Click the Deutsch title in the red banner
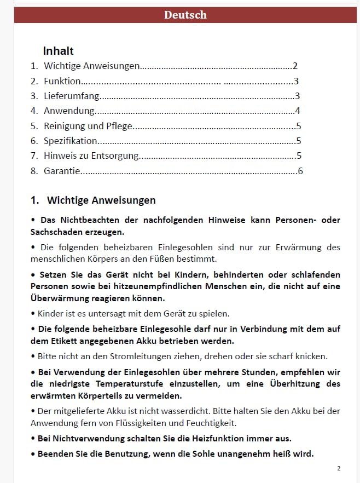pyautogui.click(x=185, y=15)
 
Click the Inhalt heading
pyautogui.click(x=58, y=51)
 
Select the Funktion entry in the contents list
pyautogui.click(x=62, y=81)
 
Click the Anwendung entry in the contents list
pyautogui.click(x=69, y=111)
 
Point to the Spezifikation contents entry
pyautogui.click(x=71, y=141)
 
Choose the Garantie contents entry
pyautogui.click(x=62, y=171)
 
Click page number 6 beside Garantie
pyautogui.click(x=300, y=171)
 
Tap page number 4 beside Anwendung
pyautogui.click(x=297, y=111)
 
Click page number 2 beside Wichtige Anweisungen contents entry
pyautogui.click(x=295, y=66)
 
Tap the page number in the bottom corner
pyautogui.click(x=339, y=468)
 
